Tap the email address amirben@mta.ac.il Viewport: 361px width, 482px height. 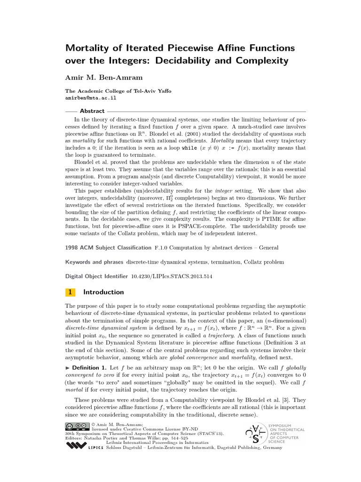point(90,98)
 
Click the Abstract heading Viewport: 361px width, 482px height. point(92,111)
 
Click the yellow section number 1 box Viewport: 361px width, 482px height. point(70,292)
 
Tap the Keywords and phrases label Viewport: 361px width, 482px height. point(94,262)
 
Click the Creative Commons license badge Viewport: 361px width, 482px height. point(78,426)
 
